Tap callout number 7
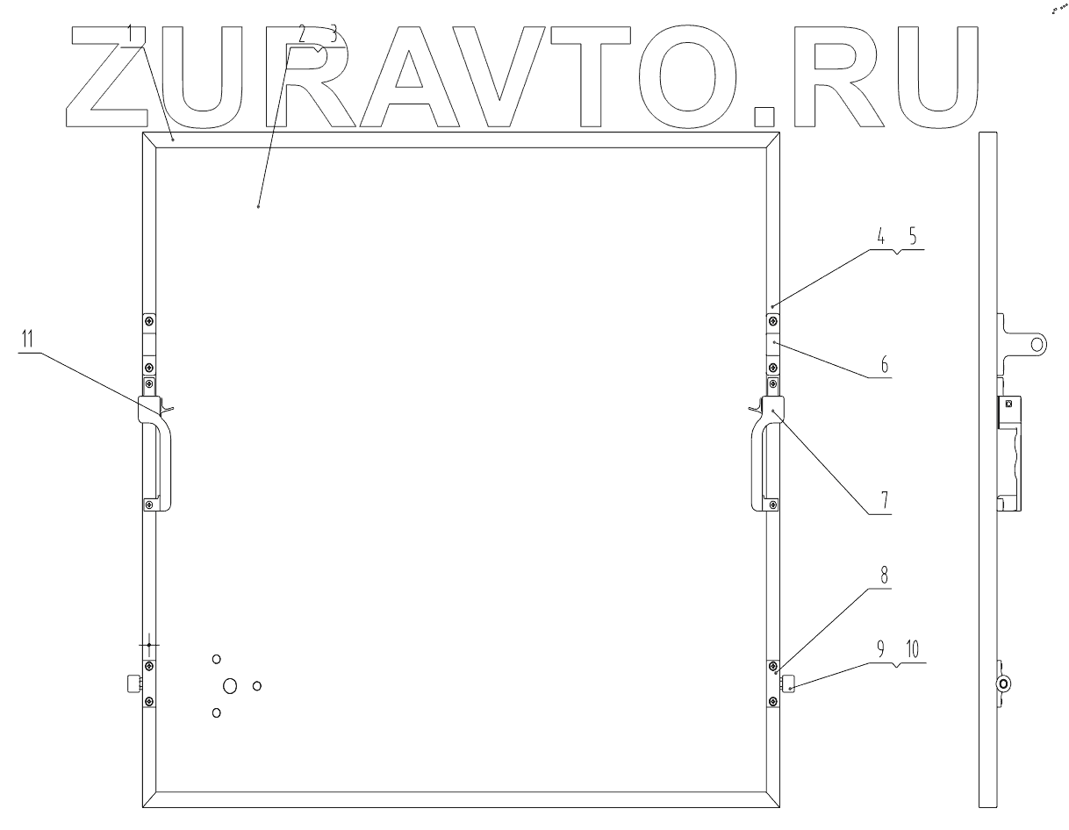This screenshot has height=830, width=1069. (x=885, y=501)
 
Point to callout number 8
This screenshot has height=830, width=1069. (x=885, y=576)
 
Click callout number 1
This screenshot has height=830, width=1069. (x=130, y=33)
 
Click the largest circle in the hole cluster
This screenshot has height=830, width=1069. (x=230, y=686)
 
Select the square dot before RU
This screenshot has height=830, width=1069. (x=766, y=118)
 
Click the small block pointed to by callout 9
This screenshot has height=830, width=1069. (x=788, y=682)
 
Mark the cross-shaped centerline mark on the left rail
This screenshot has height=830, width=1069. (x=149, y=645)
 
